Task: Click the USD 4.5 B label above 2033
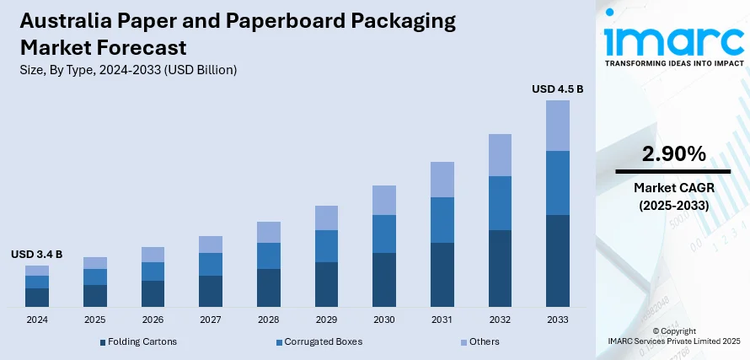tap(557, 89)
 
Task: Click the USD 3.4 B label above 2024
tap(36, 254)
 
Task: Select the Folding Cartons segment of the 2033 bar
tap(557, 261)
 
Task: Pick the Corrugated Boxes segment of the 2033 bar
tap(557, 183)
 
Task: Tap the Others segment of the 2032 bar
tap(500, 155)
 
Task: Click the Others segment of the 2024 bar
tap(37, 271)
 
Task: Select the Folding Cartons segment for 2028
tap(268, 287)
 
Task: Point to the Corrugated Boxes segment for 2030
tap(384, 234)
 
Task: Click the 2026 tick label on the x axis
tap(153, 320)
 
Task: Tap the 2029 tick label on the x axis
tap(326, 320)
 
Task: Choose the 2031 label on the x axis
tap(442, 320)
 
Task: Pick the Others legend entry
tap(479, 341)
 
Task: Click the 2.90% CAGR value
tap(672, 153)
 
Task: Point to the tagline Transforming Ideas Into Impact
tap(672, 62)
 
